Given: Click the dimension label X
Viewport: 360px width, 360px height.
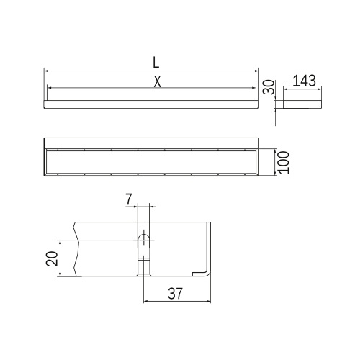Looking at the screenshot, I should click(156, 81).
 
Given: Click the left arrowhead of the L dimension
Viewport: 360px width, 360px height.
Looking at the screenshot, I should click(47, 71).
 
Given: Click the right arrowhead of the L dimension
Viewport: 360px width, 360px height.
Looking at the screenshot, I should click(256, 71).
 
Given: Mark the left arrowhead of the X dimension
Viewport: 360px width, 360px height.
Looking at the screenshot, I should click(50, 88).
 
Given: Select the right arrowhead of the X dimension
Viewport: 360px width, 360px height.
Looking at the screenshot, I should click(253, 88).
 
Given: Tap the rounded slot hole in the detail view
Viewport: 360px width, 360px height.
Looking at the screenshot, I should click(144, 239).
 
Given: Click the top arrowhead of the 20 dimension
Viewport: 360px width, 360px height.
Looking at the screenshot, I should click(60, 243).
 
